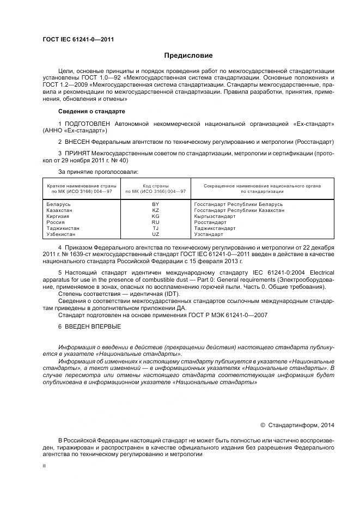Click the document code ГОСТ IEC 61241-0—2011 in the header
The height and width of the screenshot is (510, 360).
pos(78,39)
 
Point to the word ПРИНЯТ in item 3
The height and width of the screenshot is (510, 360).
pos(77,154)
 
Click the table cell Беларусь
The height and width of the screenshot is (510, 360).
pos(59,204)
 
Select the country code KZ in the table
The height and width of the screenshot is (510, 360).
pos(155,210)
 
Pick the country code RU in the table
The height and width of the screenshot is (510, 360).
pos(155,222)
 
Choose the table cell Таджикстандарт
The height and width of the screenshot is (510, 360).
pos(215,228)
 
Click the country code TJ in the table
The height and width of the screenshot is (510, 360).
pos(155,228)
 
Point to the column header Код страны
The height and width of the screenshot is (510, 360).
pos(155,186)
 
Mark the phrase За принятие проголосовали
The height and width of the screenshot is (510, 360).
pos(94,172)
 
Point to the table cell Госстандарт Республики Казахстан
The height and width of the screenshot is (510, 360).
pos(239,210)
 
